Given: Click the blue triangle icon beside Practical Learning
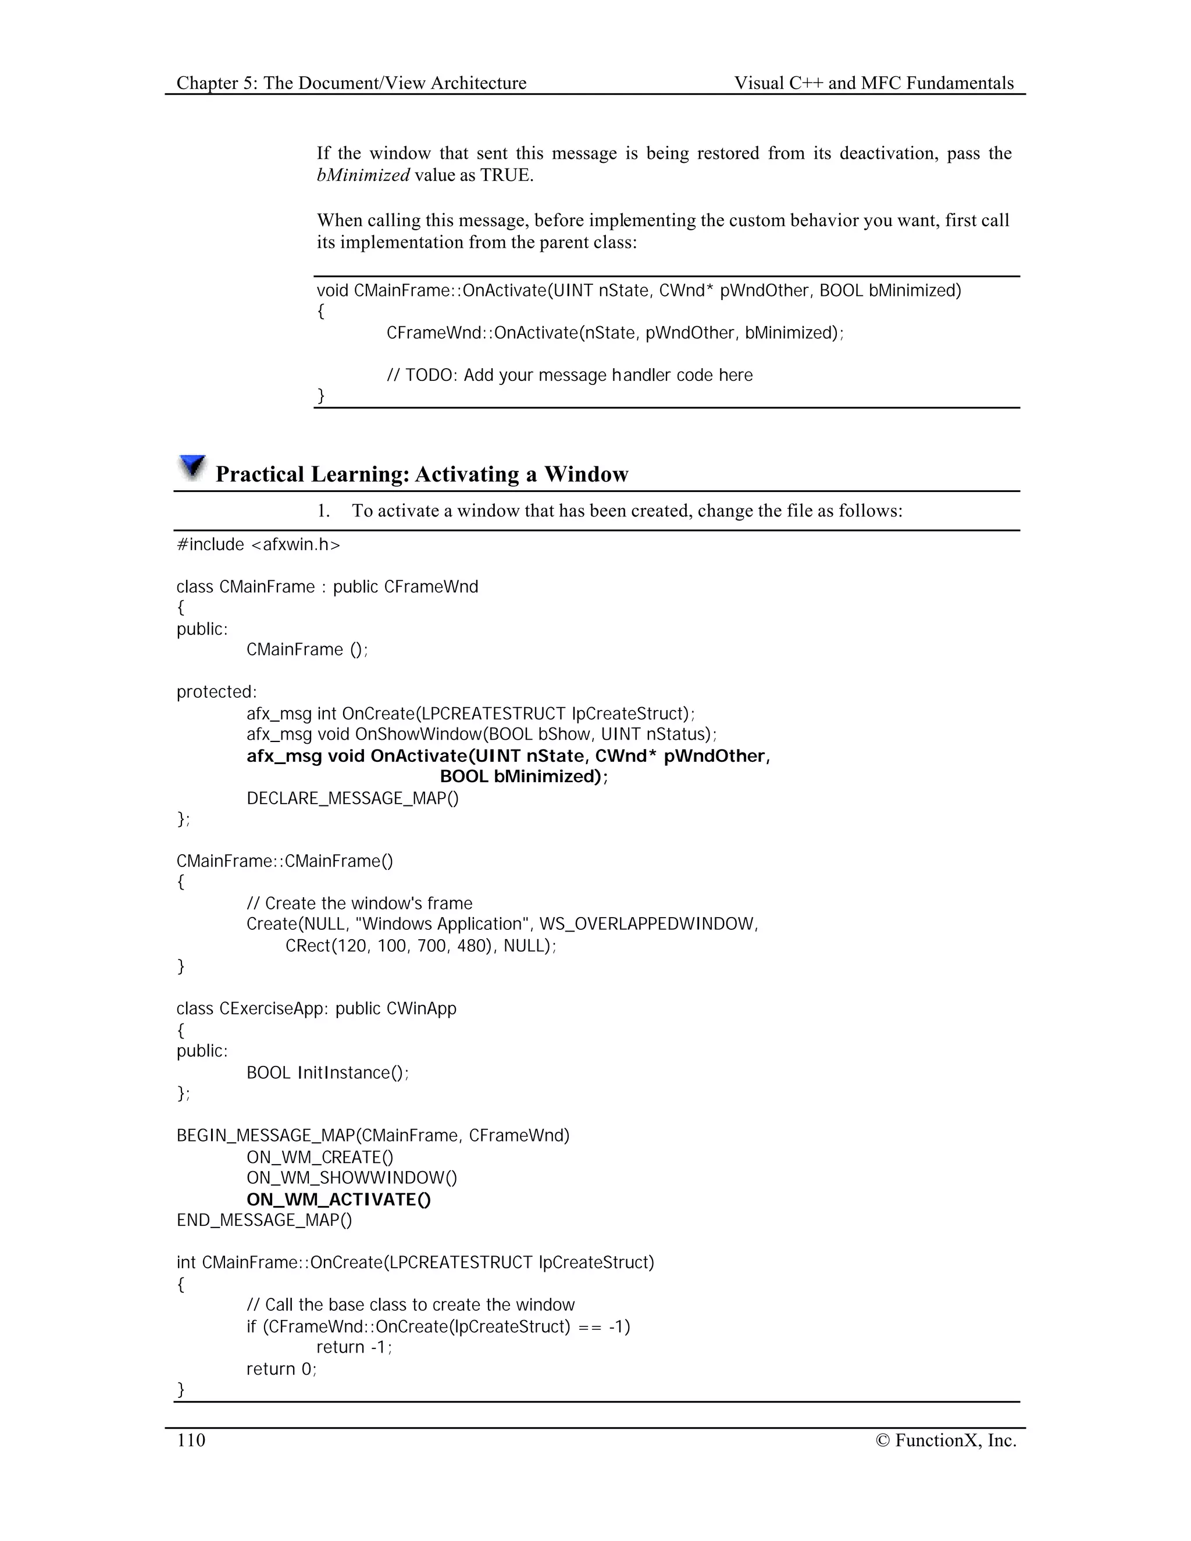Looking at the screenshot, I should point(192,467).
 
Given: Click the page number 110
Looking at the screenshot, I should point(191,1440).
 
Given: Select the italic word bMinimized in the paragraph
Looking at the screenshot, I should point(363,175).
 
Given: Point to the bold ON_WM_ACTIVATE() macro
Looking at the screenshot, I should point(338,1200).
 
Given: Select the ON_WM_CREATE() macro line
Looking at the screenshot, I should point(320,1157).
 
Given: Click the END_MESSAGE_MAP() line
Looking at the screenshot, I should point(264,1220).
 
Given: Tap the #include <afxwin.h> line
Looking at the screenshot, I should point(258,545).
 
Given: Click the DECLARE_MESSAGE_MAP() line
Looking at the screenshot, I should point(352,798).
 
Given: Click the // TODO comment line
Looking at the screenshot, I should point(569,374).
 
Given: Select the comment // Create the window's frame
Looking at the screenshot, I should point(359,903).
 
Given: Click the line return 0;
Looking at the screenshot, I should point(281,1369).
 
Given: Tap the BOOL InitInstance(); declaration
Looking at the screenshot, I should point(327,1072).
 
